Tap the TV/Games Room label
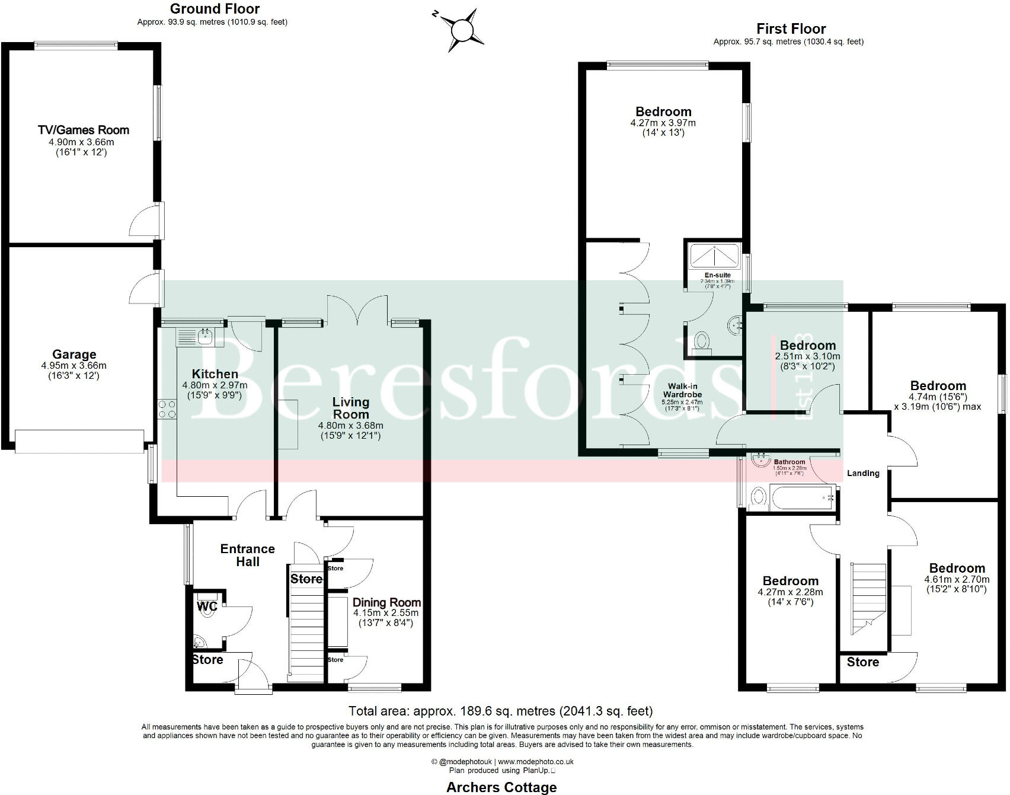[x=83, y=130]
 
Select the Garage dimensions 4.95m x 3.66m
[x=74, y=366]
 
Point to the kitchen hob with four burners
[x=167, y=410]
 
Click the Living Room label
[x=350, y=408]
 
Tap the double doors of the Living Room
[x=357, y=309]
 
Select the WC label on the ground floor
[x=207, y=606]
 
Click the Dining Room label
[x=386, y=602]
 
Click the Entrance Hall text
[x=247, y=555]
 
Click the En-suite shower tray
[x=714, y=255]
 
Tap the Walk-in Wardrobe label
[x=682, y=390]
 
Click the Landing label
[x=863, y=473]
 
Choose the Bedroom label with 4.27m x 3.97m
[x=663, y=111]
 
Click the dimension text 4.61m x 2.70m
[x=957, y=579]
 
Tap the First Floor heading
[x=791, y=28]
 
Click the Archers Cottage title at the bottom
[x=501, y=787]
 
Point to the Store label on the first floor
[x=862, y=662]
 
